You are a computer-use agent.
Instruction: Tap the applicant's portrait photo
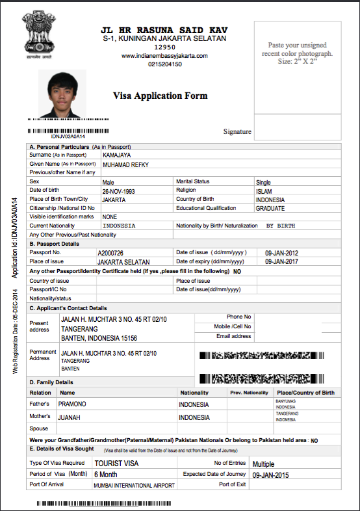(62, 93)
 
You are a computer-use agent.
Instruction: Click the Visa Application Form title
(161, 96)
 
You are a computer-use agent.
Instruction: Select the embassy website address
(164, 56)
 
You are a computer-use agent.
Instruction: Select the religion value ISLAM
(266, 191)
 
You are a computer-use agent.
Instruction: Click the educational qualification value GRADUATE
(270, 208)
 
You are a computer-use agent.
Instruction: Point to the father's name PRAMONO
(77, 404)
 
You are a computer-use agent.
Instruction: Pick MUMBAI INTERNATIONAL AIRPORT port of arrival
(134, 485)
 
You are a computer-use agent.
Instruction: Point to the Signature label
(237, 131)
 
